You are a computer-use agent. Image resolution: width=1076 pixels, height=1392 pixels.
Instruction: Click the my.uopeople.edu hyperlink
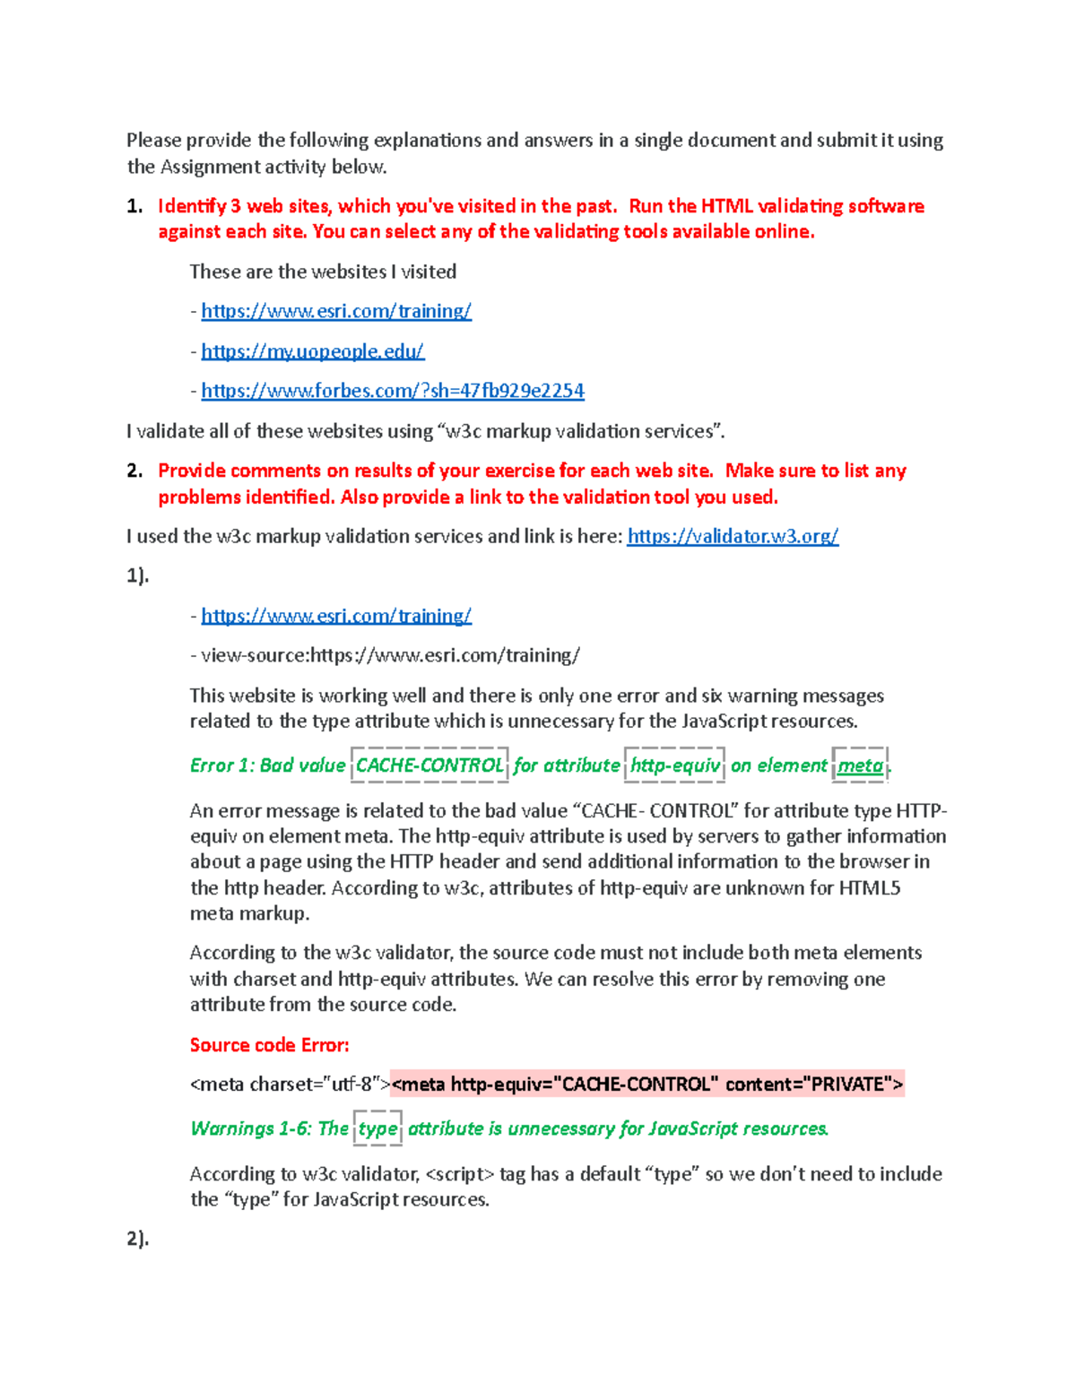pyautogui.click(x=312, y=351)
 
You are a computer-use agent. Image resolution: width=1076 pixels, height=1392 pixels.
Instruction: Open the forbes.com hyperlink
pyautogui.click(x=392, y=391)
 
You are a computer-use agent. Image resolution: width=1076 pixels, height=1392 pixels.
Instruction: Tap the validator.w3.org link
pyautogui.click(x=733, y=536)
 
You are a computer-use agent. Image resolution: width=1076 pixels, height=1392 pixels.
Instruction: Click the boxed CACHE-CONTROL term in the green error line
pyautogui.click(x=430, y=765)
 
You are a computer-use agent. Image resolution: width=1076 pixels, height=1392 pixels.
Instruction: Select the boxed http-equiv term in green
pyautogui.click(x=674, y=765)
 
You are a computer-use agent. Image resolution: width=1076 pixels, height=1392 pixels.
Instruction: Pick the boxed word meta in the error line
pyautogui.click(x=860, y=765)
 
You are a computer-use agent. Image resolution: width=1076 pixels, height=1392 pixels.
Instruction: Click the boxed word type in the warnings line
pyautogui.click(x=377, y=1128)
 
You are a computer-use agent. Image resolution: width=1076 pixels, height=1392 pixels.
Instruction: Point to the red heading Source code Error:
pyautogui.click(x=269, y=1045)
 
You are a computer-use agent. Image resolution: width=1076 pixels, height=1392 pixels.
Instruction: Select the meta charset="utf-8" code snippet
pyautogui.click(x=290, y=1085)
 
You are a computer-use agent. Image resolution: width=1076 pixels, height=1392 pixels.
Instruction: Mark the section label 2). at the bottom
pyautogui.click(x=137, y=1239)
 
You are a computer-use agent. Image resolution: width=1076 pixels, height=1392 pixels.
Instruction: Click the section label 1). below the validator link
pyautogui.click(x=137, y=575)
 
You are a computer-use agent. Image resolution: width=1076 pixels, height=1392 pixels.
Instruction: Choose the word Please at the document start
pyautogui.click(x=153, y=140)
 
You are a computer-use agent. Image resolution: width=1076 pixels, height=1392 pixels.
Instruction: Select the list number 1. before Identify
pyautogui.click(x=134, y=206)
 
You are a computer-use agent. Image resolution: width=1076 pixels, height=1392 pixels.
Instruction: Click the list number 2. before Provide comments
pyautogui.click(x=134, y=471)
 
